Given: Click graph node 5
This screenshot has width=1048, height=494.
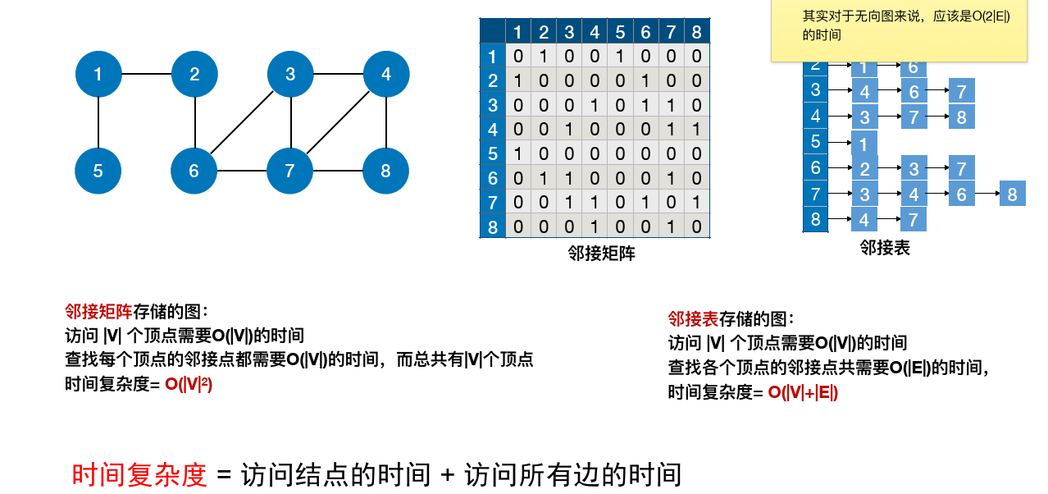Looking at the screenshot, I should click(98, 171).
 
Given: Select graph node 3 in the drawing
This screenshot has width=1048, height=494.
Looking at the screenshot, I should click(290, 75).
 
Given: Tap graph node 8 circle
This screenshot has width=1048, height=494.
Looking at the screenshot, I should click(385, 171).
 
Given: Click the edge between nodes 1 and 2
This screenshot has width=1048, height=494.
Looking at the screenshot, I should click(146, 75).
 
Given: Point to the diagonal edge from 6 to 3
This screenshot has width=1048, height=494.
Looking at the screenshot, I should click(242, 123).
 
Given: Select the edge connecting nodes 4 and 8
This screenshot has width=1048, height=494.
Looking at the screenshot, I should click(385, 123).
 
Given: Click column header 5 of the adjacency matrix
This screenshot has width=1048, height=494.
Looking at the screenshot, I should click(620, 32).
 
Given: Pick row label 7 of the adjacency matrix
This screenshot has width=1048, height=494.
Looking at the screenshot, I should click(492, 203).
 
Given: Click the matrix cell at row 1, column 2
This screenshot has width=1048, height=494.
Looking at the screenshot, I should click(543, 57).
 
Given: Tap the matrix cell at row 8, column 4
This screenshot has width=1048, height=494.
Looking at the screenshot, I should click(595, 226).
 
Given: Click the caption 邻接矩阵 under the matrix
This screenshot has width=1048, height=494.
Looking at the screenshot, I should click(601, 254).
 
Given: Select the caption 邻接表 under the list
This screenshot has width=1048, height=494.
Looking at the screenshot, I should click(885, 247).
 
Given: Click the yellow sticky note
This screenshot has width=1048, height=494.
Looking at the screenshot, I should click(898, 31).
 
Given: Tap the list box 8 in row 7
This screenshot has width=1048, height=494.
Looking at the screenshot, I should click(1012, 194).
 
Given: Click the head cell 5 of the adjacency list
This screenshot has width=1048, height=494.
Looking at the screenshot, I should click(815, 142).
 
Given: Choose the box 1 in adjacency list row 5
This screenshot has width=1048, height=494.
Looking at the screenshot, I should click(864, 144).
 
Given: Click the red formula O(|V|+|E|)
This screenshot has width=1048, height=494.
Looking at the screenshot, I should click(803, 392).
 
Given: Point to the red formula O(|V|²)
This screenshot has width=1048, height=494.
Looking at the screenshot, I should click(189, 383).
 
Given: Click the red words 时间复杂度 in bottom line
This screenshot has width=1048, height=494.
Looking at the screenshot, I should click(139, 474).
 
